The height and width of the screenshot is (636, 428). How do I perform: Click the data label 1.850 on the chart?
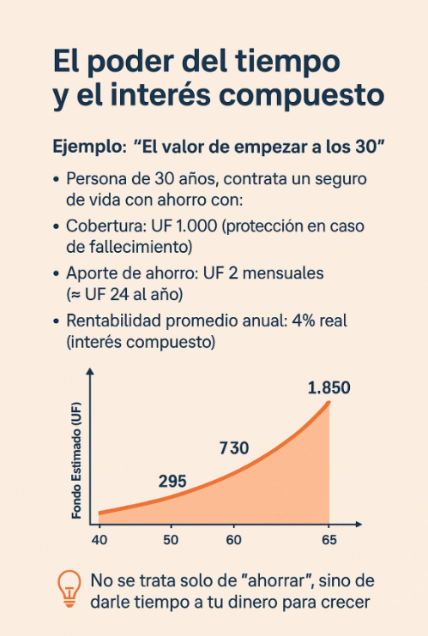point(329,388)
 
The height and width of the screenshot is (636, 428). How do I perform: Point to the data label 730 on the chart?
point(233,447)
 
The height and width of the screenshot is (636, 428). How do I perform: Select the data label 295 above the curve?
point(172,481)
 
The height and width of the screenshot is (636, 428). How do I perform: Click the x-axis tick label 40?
point(99,540)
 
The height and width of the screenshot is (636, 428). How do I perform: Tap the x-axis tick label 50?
point(171,540)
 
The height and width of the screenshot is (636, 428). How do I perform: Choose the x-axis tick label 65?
point(329,540)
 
